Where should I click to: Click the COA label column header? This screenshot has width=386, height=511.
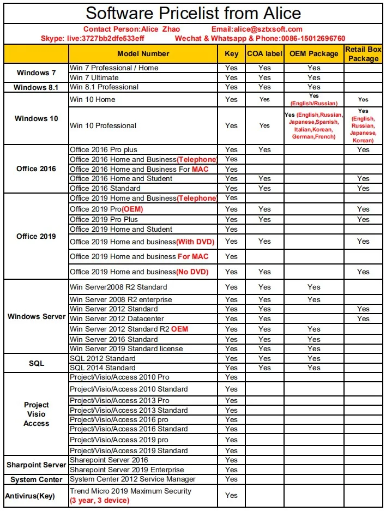(x=264, y=53)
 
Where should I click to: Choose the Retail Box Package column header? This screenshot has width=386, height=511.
(x=363, y=53)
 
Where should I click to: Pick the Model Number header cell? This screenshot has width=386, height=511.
(x=143, y=53)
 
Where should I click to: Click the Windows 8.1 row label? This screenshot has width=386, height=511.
(x=36, y=87)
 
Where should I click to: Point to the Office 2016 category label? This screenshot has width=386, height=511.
(x=36, y=169)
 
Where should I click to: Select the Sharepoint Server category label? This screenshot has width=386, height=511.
(x=36, y=465)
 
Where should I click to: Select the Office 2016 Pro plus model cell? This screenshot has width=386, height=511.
(x=104, y=149)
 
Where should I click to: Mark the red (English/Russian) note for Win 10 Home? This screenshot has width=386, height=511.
(x=313, y=103)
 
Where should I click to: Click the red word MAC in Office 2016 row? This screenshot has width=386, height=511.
(x=200, y=169)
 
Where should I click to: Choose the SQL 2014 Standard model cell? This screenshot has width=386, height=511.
(x=102, y=368)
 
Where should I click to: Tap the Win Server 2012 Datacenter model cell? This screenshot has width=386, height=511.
(x=117, y=318)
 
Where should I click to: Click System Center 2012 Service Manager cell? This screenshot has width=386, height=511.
(x=132, y=479)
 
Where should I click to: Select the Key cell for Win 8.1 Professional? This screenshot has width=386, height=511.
(x=231, y=87)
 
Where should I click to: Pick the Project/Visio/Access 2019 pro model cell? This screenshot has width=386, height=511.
(x=119, y=440)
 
